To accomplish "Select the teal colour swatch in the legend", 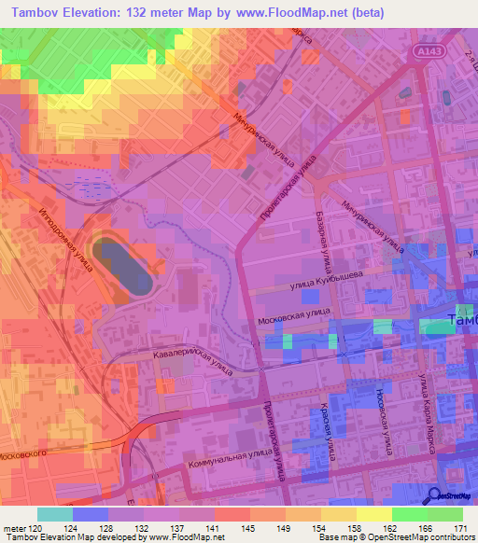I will click(55, 514).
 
